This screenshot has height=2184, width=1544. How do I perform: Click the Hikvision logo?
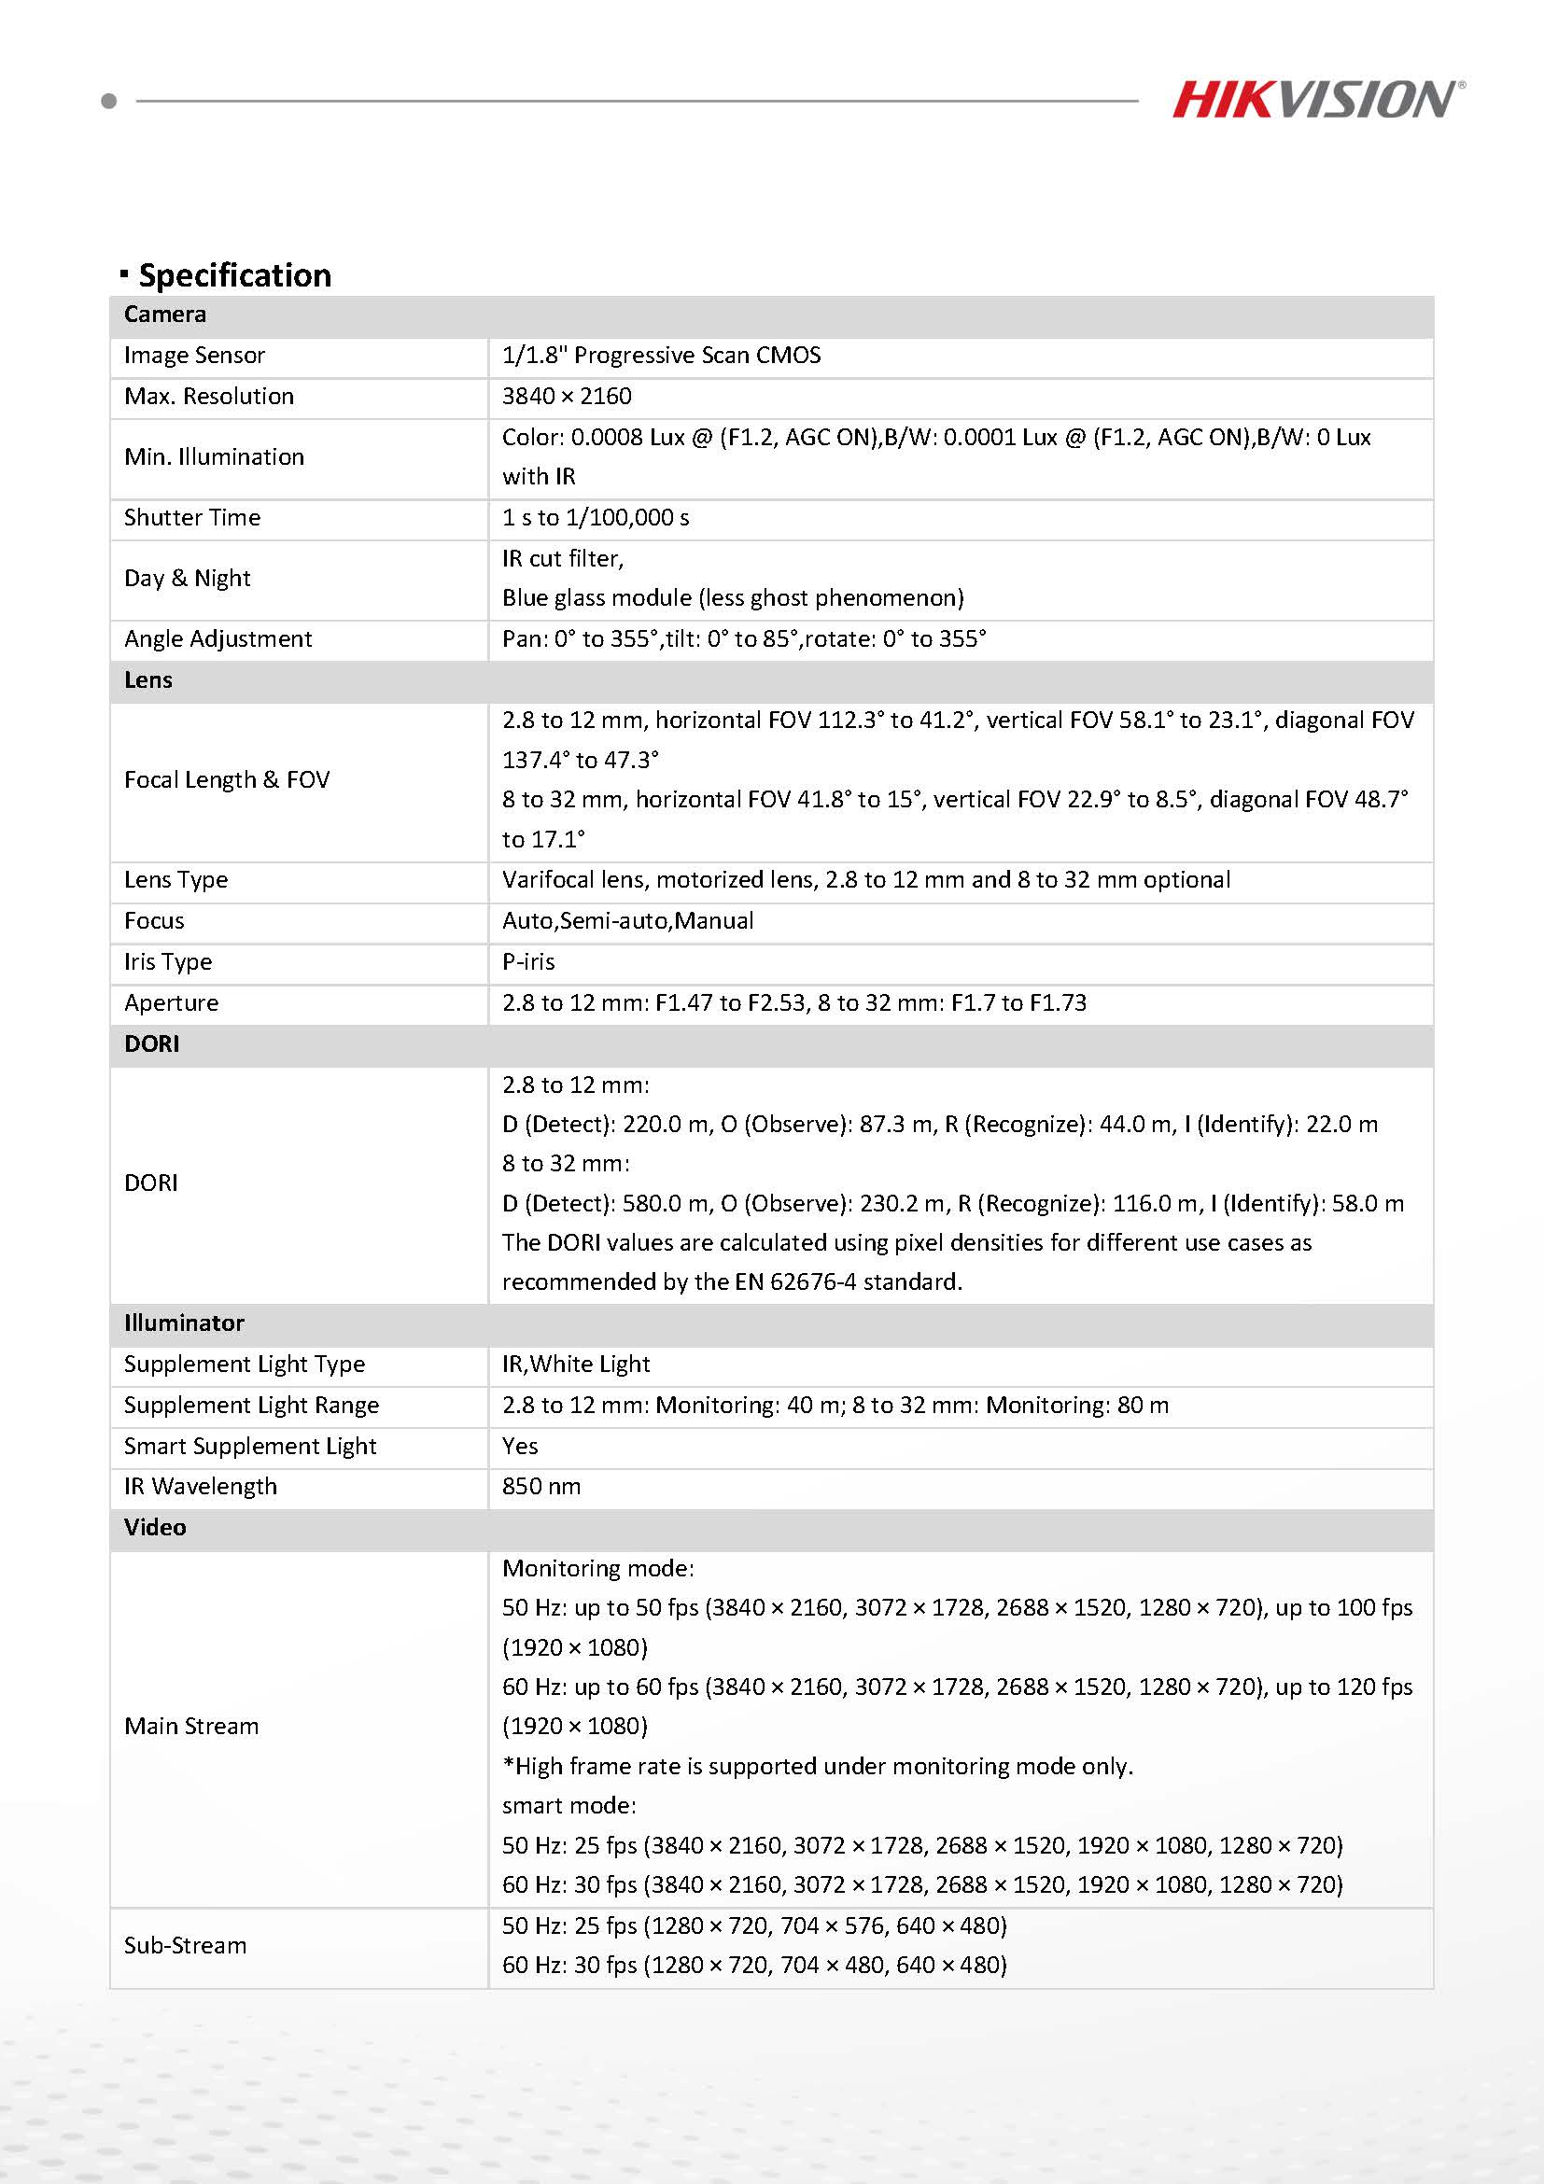[1317, 99]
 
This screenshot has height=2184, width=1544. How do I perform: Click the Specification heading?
[234, 275]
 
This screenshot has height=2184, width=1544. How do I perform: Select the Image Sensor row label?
[194, 356]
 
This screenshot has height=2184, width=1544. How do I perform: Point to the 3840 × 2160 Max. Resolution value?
[567, 397]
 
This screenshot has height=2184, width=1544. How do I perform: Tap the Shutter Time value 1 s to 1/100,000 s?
[596, 517]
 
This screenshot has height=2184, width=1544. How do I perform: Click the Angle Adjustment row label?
[218, 639]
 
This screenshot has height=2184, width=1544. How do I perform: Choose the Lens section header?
[148, 680]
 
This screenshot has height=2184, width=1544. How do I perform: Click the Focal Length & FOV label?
[227, 780]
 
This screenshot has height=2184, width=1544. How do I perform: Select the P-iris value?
[528, 961]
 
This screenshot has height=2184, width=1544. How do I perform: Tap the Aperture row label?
[171, 1002]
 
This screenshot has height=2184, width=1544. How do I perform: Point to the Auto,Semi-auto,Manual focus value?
[628, 921]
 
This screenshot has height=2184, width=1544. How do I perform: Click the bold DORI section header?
[152, 1043]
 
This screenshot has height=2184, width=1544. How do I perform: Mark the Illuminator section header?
[185, 1323]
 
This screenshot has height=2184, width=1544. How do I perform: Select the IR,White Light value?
[576, 1364]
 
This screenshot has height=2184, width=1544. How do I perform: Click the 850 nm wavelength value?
[541, 1487]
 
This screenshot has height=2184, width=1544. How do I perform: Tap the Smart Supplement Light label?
[250, 1446]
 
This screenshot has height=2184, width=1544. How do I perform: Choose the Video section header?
[155, 1528]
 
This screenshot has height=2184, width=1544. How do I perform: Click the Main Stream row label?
[191, 1727]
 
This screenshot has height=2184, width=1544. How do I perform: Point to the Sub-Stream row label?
[186, 1945]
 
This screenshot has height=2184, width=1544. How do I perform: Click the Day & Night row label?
[188, 579]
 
